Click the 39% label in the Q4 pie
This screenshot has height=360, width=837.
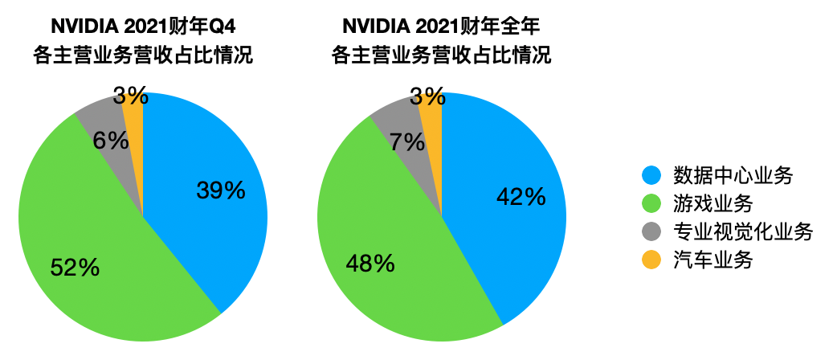tap(220, 190)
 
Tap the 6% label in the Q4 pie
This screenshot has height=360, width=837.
tap(111, 141)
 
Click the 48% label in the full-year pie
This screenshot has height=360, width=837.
tap(370, 262)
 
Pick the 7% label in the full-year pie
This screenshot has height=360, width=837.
tap(407, 142)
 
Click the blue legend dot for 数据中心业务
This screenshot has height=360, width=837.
tap(651, 174)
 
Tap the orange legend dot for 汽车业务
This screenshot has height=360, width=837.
tap(651, 260)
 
